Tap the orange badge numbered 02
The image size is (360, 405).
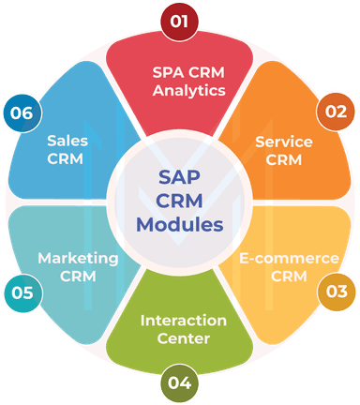(x=335, y=112)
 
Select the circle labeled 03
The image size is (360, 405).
(x=336, y=292)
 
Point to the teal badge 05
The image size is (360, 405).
(x=23, y=292)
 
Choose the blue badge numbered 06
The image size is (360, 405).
(x=23, y=112)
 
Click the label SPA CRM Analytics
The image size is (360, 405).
(x=189, y=82)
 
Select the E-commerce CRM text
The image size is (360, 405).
(x=289, y=267)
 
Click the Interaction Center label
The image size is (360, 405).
(x=183, y=329)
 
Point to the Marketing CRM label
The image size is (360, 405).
(x=78, y=267)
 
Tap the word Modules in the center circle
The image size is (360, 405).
(x=180, y=224)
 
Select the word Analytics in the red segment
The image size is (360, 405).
(x=189, y=91)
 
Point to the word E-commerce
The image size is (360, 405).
(x=289, y=258)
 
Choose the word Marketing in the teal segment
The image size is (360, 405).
(x=78, y=258)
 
